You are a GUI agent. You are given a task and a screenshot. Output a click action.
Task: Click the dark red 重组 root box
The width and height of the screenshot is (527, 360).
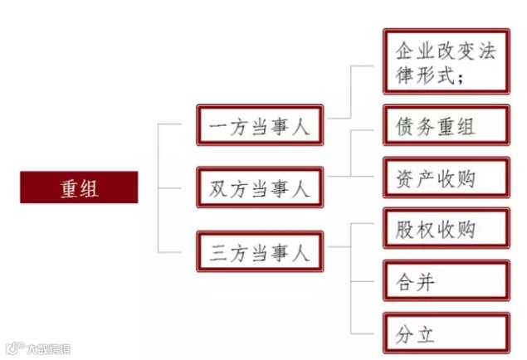tap(79, 187)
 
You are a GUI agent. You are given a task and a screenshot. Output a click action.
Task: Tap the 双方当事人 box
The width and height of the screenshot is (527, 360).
tap(259, 188)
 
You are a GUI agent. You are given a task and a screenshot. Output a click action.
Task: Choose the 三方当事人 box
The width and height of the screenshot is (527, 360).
tap(259, 251)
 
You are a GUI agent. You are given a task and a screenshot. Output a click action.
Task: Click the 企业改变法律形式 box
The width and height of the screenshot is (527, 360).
tap(446, 62)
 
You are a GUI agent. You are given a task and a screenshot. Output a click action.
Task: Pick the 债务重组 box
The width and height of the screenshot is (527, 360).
tap(446, 127)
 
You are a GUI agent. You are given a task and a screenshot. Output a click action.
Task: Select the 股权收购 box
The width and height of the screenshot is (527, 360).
tap(446, 227)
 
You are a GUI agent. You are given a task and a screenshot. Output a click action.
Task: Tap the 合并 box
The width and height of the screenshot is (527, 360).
tap(446, 282)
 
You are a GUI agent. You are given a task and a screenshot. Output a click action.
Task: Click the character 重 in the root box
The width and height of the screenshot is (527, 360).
tap(69, 187)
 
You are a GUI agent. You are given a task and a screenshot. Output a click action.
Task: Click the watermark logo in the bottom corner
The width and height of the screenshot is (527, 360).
tap(13, 348)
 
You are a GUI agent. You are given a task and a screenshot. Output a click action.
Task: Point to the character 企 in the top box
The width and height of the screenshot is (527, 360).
tap(401, 49)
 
